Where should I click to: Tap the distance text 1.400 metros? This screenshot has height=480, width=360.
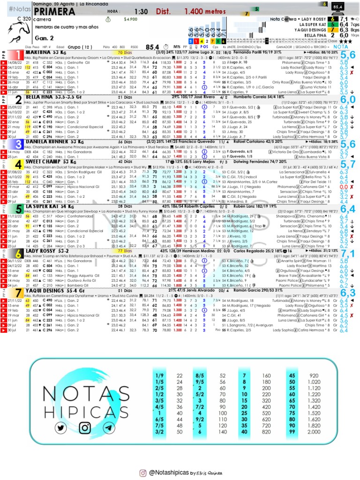coord(206,11)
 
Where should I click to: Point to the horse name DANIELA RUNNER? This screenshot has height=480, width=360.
coord(47,141)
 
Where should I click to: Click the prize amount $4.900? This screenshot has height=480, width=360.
coord(131,20)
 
